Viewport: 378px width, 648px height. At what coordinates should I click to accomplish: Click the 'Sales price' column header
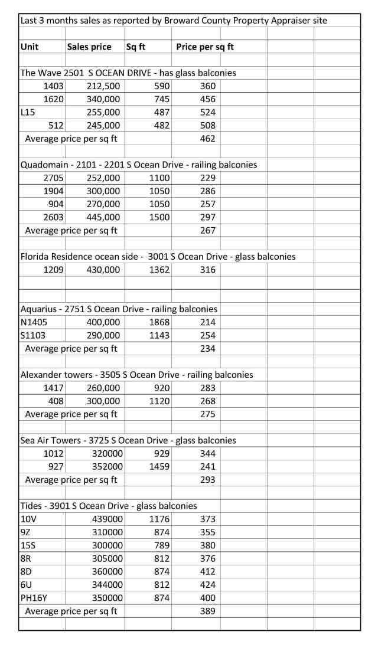tap(89, 47)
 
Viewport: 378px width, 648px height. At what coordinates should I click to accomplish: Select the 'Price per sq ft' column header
tap(205, 47)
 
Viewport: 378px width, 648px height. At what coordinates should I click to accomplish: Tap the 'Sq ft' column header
tap(136, 47)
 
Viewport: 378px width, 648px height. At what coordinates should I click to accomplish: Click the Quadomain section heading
tap(139, 165)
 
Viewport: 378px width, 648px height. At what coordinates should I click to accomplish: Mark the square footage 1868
tap(159, 322)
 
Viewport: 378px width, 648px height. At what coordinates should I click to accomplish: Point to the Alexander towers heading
tap(136, 375)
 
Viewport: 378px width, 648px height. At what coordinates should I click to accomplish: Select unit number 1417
tap(54, 388)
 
